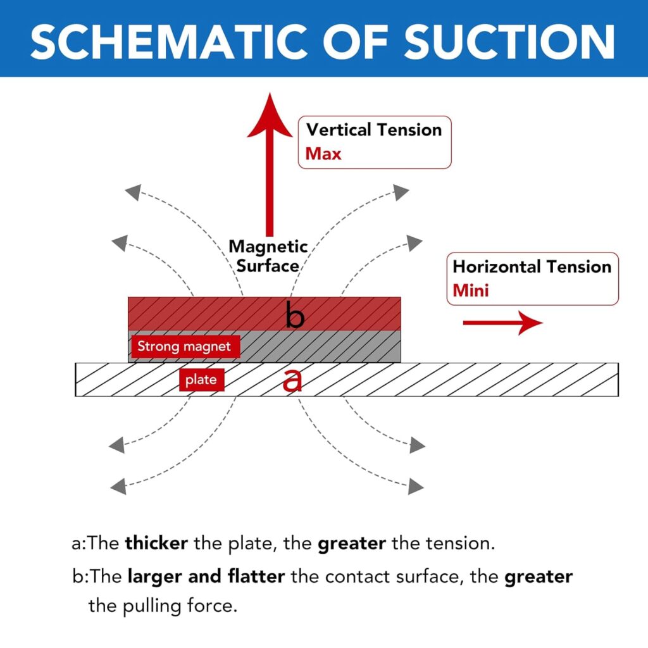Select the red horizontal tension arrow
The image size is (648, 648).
[x=503, y=323]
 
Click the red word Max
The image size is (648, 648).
[x=323, y=153]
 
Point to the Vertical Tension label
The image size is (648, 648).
[x=374, y=130]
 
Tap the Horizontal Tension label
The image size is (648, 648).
[x=532, y=266]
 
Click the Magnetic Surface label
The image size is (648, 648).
[x=268, y=256]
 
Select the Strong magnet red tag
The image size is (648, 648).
[x=184, y=346]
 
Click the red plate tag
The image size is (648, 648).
[x=201, y=380]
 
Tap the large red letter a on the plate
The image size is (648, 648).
[x=292, y=380]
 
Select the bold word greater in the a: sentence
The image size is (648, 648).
[x=351, y=544]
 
